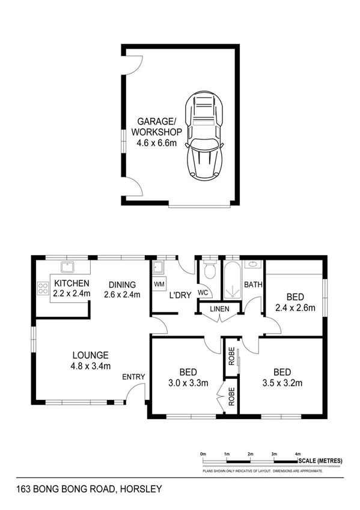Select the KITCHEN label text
(x=72, y=284)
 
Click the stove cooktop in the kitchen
(x=43, y=289)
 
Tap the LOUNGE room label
(x=90, y=355)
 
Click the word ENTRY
(x=133, y=377)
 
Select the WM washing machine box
(x=159, y=284)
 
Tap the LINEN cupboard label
(x=219, y=309)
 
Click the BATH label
(x=253, y=285)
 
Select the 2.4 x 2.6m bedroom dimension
(x=294, y=307)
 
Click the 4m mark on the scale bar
(x=297, y=453)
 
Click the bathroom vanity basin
(x=253, y=264)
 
